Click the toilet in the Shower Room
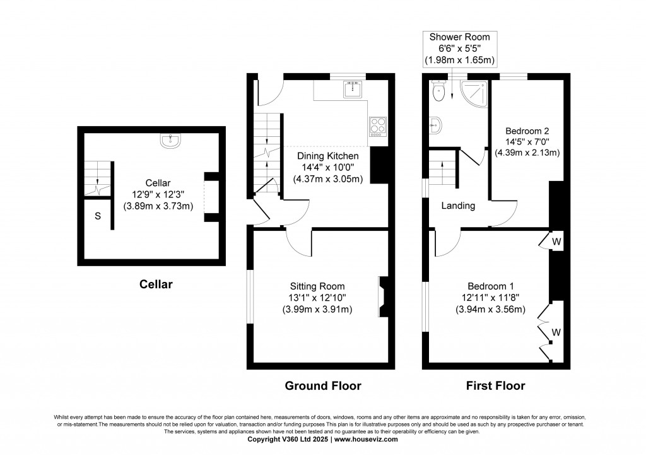tap(438, 91)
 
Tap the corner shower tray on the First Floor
tap(474, 93)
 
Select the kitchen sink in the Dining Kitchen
tap(353, 89)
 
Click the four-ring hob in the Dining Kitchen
tap(378, 127)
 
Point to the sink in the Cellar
tap(170, 141)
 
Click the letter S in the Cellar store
tap(98, 216)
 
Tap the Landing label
tap(458, 206)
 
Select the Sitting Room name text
tap(317, 286)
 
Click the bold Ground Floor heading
tap(323, 386)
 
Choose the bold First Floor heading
tap(496, 386)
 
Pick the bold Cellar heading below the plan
tap(156, 284)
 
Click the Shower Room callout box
tap(460, 49)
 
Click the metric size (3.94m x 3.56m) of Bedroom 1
tap(490, 309)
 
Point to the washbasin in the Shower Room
tap(435, 126)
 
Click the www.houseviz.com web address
tap(366, 440)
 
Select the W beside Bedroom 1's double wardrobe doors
tap(556, 332)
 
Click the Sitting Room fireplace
tap(383, 296)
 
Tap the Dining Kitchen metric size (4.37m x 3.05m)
tap(328, 179)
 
